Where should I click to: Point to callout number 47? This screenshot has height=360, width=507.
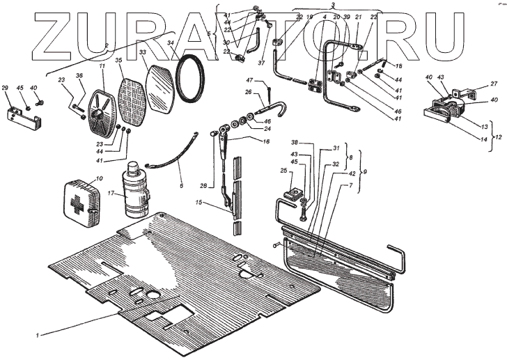267,81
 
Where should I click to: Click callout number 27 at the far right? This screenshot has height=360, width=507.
492,84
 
